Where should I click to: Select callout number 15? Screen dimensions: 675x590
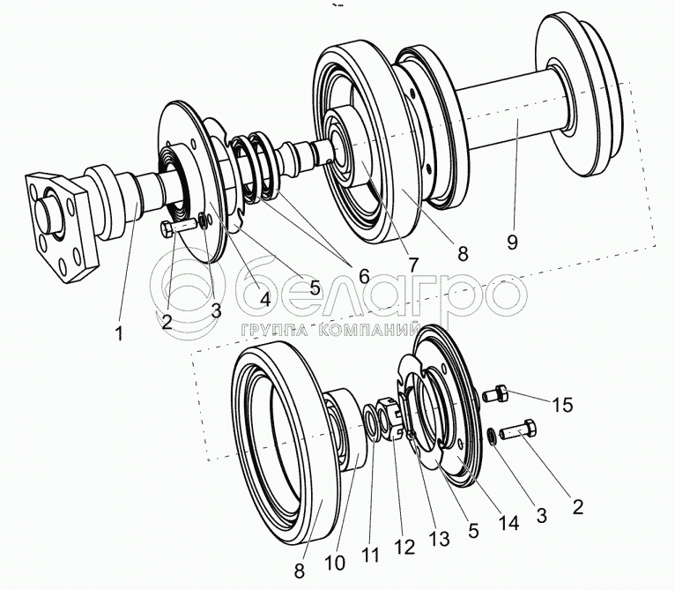coord(562,405)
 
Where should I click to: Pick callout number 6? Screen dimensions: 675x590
coord(361,276)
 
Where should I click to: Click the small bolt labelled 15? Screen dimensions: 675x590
coord(496,393)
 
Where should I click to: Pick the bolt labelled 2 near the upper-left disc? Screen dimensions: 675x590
coord(177,229)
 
